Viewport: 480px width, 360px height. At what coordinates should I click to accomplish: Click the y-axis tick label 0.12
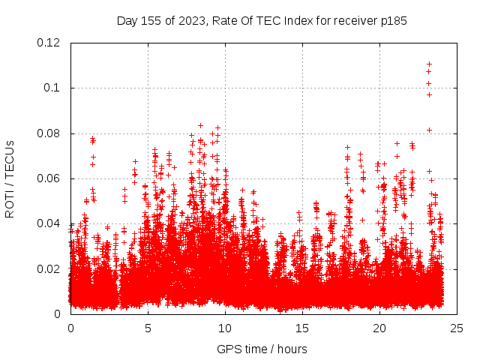pyautogui.click(x=49, y=43)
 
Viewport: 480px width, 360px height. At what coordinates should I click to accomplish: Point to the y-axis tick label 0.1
pyautogui.click(x=53, y=88)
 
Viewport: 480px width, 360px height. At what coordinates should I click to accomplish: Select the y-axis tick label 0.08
pyautogui.click(x=49, y=133)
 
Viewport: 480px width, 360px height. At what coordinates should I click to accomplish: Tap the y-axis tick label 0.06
pyautogui.click(x=49, y=178)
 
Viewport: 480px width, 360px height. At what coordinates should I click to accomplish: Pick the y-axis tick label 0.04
pyautogui.click(x=49, y=223)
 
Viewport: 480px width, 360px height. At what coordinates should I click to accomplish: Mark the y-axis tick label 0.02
pyautogui.click(x=49, y=268)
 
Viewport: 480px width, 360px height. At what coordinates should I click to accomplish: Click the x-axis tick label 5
pyautogui.click(x=148, y=328)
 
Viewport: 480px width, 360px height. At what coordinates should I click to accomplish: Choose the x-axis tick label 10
pyautogui.click(x=225, y=328)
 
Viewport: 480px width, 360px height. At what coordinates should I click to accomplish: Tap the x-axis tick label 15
pyautogui.click(x=302, y=328)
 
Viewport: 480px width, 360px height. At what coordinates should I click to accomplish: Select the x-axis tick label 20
pyautogui.click(x=379, y=328)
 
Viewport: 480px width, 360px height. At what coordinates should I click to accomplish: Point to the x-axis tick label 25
pyautogui.click(x=457, y=328)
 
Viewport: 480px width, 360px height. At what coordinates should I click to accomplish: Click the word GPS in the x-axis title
pyautogui.click(x=229, y=349)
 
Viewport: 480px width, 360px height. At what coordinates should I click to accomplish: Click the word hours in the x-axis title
pyautogui.click(x=292, y=349)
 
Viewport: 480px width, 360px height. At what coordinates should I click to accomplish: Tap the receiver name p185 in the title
pyautogui.click(x=393, y=20)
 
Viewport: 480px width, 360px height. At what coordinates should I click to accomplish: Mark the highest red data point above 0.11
pyautogui.click(x=429, y=64)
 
